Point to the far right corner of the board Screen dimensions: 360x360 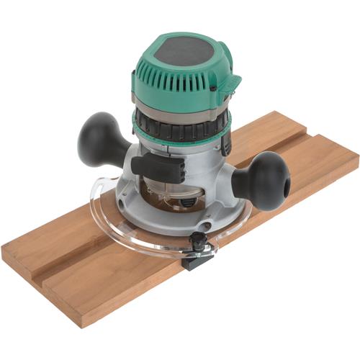pyautogui.click(x=357, y=156)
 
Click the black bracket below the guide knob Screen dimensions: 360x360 pyautogui.click(x=197, y=259)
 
